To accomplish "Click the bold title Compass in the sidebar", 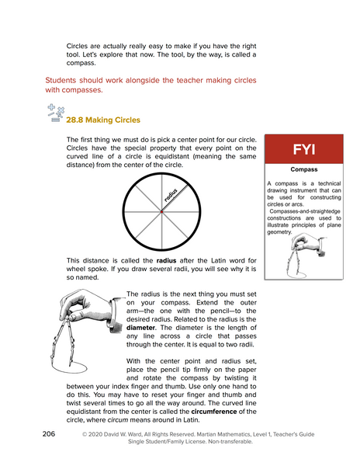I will click(x=303, y=169).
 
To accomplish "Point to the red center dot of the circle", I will click(x=161, y=210).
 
